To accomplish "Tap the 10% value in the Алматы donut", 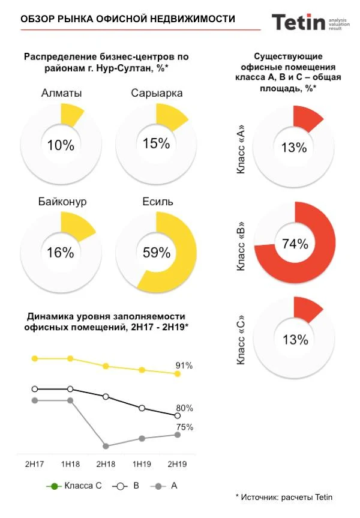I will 61,145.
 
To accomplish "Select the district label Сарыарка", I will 157,93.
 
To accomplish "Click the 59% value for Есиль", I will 157,253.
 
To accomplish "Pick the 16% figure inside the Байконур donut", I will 61,253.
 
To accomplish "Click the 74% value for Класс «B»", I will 295,244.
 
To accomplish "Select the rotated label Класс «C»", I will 241,342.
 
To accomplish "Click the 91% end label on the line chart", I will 184,366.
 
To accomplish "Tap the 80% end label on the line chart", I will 185,408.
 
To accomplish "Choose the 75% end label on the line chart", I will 185,427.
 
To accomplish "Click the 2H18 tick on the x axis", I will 106,465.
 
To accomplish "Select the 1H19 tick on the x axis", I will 142,465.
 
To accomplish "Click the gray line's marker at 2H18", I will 106,446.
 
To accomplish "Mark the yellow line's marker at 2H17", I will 35,358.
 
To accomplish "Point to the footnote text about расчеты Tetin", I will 284,497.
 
